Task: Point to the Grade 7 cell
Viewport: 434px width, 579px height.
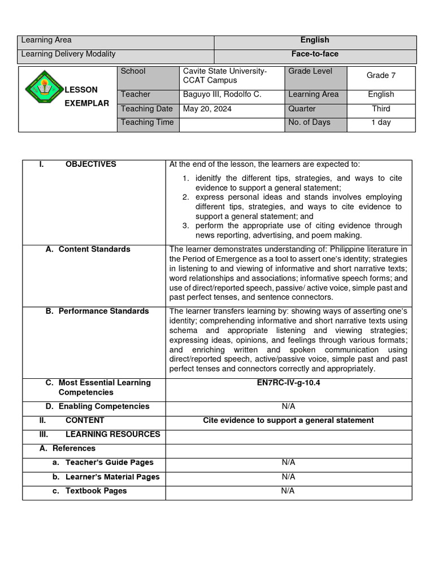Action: [x=377, y=75]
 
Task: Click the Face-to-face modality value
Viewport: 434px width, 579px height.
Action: [x=315, y=54]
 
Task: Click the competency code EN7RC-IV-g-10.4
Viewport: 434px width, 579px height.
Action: [x=288, y=383]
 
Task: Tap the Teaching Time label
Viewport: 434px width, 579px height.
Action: [x=147, y=123]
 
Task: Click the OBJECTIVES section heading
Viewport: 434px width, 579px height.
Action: [x=90, y=165]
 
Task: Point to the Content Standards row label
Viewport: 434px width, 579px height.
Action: [x=94, y=249]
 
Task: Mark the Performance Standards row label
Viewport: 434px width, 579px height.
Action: [x=103, y=311]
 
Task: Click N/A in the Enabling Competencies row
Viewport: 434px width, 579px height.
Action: [x=288, y=407]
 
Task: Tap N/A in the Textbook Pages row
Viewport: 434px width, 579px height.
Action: [x=288, y=491]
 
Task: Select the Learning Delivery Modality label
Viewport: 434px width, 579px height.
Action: [x=68, y=54]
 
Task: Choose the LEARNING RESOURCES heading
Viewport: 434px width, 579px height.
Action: [x=112, y=434]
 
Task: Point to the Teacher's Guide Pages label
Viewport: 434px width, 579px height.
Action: [x=109, y=463]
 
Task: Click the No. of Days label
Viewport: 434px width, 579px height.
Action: [x=309, y=123]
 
